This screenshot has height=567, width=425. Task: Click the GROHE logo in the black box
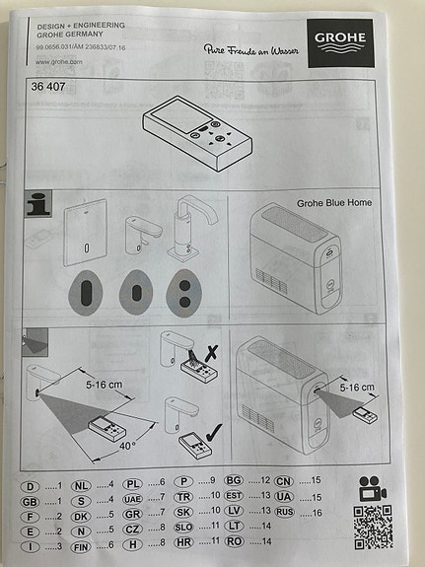pyautogui.click(x=340, y=39)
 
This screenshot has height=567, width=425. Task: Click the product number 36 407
pyautogui.click(x=49, y=85)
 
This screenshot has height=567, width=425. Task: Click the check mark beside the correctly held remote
pyautogui.click(x=241, y=431)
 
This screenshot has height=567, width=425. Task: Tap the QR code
pyautogui.click(x=372, y=527)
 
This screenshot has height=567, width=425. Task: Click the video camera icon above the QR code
pyautogui.click(x=372, y=488)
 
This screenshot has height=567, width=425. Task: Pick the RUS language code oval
pyautogui.click(x=284, y=512)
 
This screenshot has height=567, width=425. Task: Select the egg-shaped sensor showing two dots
pyautogui.click(x=184, y=292)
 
